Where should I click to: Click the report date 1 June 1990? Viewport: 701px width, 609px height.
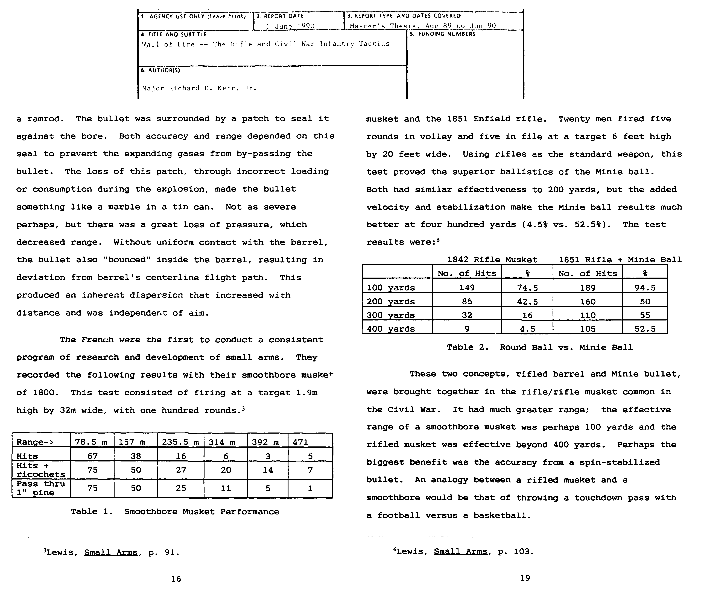point(290,26)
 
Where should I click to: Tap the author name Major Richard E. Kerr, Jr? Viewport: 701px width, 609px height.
point(199,88)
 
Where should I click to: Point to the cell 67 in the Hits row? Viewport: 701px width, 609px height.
point(92,456)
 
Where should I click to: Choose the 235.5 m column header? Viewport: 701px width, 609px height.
point(180,442)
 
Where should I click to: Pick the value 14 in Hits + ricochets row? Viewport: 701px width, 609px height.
point(268,470)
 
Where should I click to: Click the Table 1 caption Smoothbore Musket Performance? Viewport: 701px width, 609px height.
point(175,512)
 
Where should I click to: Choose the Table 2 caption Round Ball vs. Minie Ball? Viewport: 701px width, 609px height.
point(539,347)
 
